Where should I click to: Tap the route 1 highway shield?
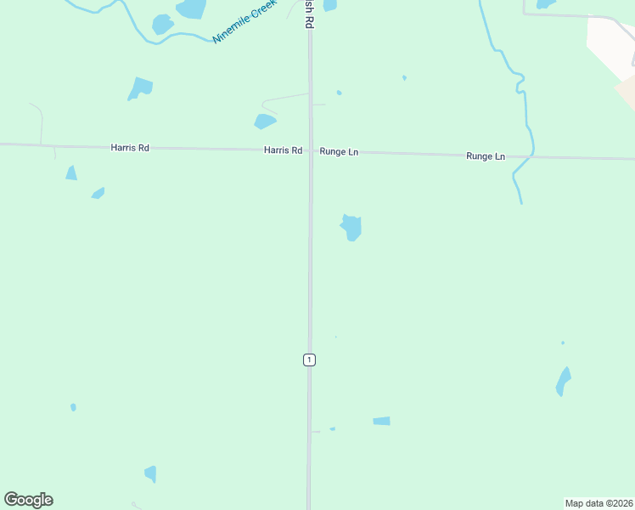point(309,360)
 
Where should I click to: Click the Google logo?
point(28,500)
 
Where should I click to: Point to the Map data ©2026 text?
point(598,503)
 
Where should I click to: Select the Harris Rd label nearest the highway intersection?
point(283,150)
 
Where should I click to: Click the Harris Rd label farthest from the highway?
point(130,148)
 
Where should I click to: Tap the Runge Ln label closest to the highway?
point(339,151)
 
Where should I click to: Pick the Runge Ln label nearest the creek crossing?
point(486,156)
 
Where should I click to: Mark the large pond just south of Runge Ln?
point(351,227)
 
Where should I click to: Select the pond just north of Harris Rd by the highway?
point(265,122)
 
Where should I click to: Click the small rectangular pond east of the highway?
point(381,421)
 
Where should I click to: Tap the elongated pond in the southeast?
point(563,382)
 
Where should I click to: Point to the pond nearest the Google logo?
point(151,473)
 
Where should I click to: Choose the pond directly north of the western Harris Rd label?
point(140,88)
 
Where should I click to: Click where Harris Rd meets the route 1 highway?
point(310,150)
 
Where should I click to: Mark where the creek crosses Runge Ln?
point(532,156)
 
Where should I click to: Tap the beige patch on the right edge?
point(627,92)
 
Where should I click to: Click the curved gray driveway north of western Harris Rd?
point(39,119)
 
